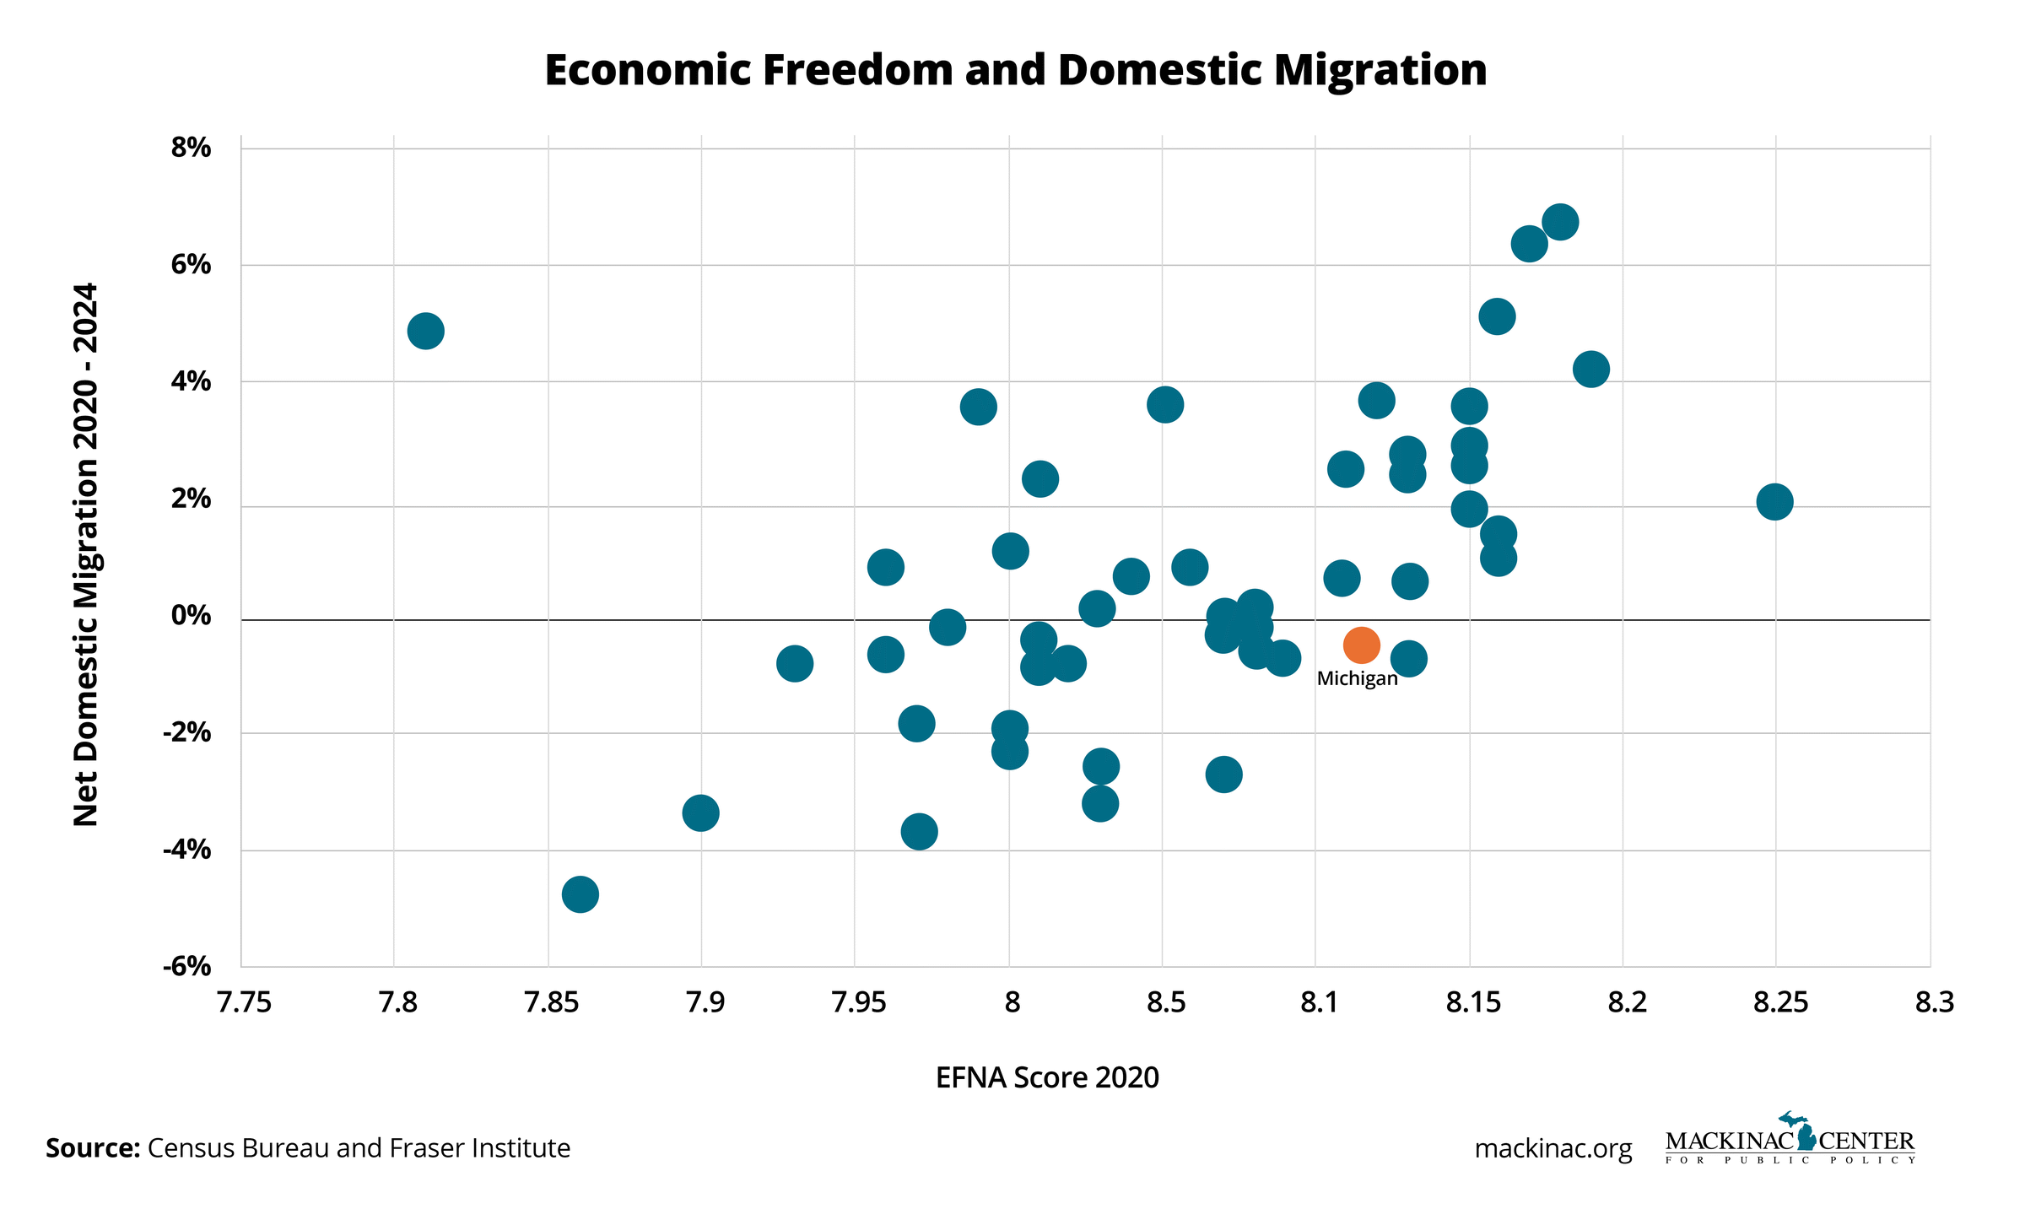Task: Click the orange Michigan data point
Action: point(1361,645)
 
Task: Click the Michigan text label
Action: point(1357,678)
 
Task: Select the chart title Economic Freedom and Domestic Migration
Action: point(1015,70)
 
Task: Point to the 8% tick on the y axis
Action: point(191,148)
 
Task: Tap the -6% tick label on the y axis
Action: point(187,966)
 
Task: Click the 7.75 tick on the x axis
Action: point(244,1002)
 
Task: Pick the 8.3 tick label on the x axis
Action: point(1934,1002)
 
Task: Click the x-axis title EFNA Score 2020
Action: point(1047,1077)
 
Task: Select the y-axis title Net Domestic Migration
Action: point(86,554)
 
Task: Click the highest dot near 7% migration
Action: point(1560,223)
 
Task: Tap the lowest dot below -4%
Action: point(580,894)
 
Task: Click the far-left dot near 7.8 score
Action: point(426,331)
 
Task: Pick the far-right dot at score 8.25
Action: point(1774,502)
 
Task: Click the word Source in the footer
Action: point(92,1148)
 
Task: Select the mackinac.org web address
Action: point(1552,1149)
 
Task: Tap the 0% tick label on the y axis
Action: point(191,616)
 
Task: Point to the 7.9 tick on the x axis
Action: point(705,1002)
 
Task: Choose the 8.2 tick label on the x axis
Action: point(1627,1002)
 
